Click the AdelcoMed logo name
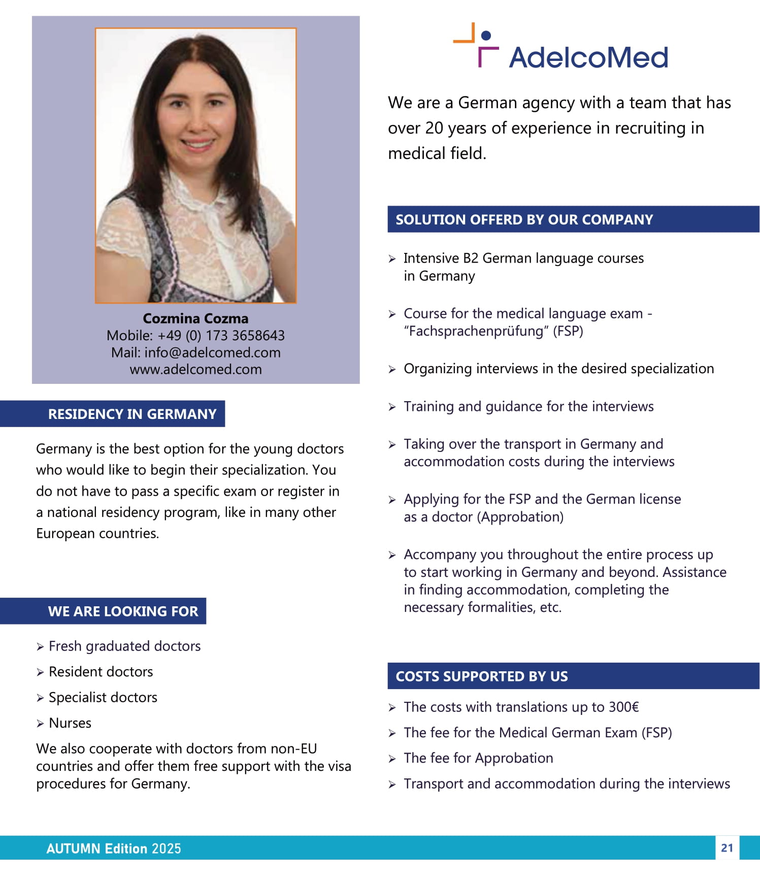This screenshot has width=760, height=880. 588,57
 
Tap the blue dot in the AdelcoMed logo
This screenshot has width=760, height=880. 486,36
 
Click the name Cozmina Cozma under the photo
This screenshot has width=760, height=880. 195,318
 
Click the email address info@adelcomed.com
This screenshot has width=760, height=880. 212,352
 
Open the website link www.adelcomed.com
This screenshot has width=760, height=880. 195,369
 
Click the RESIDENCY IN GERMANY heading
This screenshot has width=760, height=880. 132,414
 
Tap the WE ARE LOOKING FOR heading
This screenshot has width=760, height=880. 123,611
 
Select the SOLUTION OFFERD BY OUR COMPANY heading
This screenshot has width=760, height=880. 524,219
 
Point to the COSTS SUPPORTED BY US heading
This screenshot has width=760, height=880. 481,676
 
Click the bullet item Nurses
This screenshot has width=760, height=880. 70,723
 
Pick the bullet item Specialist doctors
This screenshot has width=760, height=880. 103,697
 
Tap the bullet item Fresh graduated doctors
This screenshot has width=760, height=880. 124,646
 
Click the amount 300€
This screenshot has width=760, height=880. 623,707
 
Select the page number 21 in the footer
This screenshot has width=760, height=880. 727,848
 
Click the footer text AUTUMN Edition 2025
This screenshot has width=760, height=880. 114,849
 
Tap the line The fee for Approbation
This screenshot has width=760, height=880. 478,758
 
